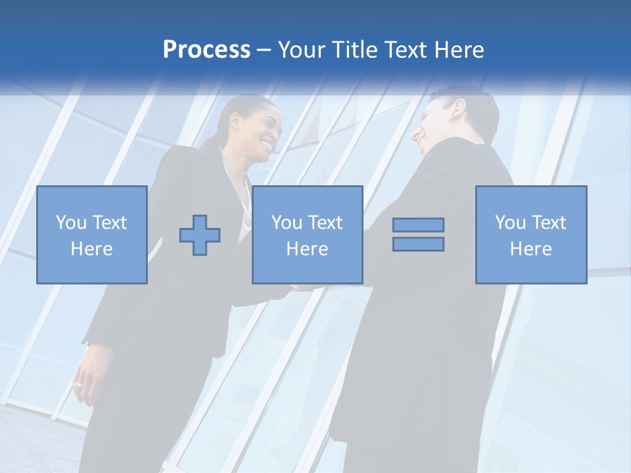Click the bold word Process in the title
tap(206, 50)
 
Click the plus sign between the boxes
tap(200, 235)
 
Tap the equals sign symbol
tap(418, 235)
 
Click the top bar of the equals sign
tap(418, 225)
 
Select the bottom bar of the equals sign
tap(418, 244)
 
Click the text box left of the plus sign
tap(92, 235)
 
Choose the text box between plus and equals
tap(307, 235)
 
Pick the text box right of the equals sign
tap(531, 235)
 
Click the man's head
tap(454, 118)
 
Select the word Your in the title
tap(302, 50)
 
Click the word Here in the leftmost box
tap(92, 248)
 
